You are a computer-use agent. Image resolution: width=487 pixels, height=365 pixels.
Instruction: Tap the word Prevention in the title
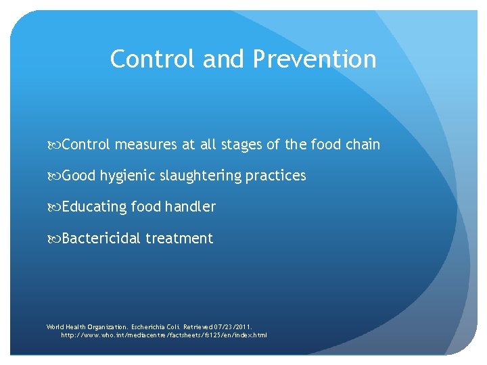[315, 59]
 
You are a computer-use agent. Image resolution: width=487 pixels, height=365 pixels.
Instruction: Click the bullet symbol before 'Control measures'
[54, 145]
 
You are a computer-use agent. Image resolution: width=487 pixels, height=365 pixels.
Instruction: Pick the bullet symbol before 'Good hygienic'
[54, 176]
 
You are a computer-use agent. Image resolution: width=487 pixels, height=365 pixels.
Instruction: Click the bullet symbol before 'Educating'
[54, 207]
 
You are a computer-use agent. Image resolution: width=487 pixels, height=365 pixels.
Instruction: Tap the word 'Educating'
[94, 207]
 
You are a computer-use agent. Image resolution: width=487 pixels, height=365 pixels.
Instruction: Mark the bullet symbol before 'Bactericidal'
[54, 238]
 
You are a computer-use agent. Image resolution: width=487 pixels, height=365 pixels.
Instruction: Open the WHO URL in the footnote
[164, 335]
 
